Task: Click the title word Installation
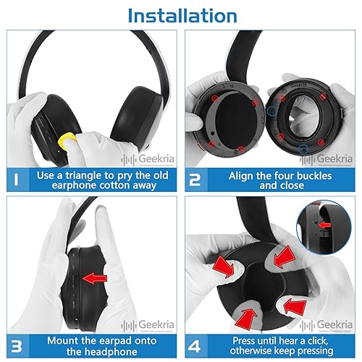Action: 181,16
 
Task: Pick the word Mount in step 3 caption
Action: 63,338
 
